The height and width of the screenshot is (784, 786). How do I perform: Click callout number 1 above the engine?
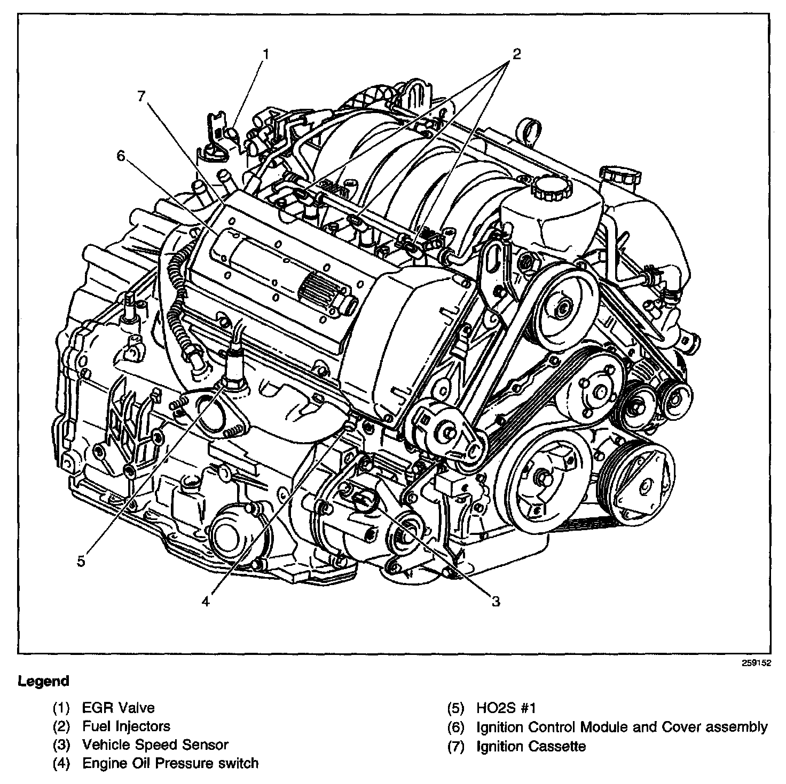point(265,53)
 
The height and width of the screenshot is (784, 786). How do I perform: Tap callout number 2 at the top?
point(516,53)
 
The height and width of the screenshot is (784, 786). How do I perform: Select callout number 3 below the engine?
point(496,602)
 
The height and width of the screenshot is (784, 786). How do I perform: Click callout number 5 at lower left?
point(81,561)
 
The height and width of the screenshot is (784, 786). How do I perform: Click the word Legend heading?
point(44,681)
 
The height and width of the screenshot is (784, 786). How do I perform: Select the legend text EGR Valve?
point(118,708)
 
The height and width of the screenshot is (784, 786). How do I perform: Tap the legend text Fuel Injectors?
point(126,726)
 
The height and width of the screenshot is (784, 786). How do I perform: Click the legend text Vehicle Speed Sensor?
point(155,745)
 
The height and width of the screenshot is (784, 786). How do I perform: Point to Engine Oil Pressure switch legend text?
point(170,763)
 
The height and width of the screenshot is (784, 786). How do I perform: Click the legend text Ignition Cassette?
point(531,746)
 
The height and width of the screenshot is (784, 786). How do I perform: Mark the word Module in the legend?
point(607,726)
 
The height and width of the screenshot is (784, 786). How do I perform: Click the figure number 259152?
point(756,663)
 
